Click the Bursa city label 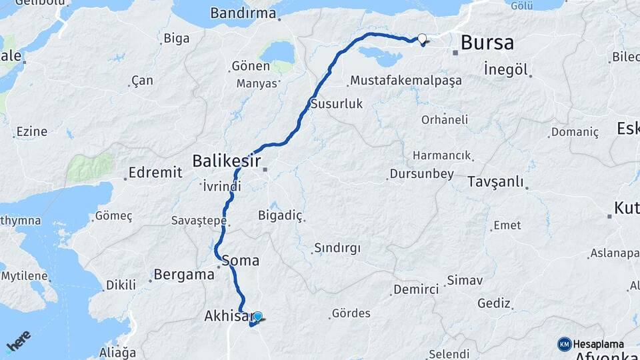tap(487, 43)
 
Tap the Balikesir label tap(225, 161)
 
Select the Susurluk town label tap(336, 103)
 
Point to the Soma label tap(240, 261)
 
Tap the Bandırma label tap(243, 13)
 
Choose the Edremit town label tap(155, 173)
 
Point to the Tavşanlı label tap(495, 181)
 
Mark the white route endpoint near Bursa tap(421, 39)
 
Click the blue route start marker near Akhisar tap(257, 317)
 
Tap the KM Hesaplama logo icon tap(564, 344)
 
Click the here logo tap(19, 342)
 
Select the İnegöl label tap(505, 69)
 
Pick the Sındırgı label tap(337, 248)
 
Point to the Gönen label tap(251, 66)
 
